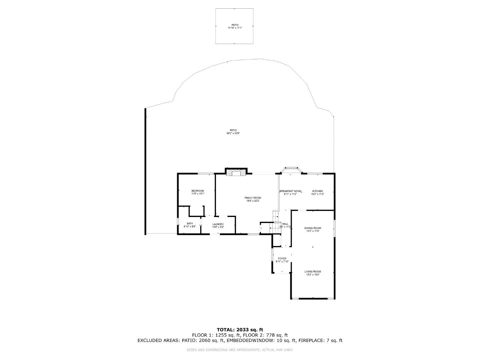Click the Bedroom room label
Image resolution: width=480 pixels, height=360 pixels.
[x=198, y=191]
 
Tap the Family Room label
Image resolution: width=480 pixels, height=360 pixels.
[x=253, y=198]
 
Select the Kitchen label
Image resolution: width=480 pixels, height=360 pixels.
[x=317, y=191]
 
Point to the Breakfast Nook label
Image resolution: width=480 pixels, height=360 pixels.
[x=290, y=191]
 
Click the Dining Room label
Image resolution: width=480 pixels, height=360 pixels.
[x=312, y=228]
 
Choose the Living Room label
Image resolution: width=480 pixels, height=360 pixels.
[x=312, y=272]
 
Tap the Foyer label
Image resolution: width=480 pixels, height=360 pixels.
[x=282, y=259]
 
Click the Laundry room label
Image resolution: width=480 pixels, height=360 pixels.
[x=218, y=224]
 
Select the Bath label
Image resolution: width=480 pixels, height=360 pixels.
[x=190, y=224]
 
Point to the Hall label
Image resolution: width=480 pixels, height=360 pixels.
[x=285, y=224]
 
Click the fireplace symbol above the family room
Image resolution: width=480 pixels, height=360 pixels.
[x=236, y=173]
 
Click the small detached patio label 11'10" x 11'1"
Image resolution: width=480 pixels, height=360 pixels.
[x=235, y=28]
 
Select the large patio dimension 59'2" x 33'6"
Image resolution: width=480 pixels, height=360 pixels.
[x=233, y=133]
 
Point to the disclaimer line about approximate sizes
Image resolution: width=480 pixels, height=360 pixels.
[x=240, y=350]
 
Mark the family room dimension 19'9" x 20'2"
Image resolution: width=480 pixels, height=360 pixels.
[x=253, y=201]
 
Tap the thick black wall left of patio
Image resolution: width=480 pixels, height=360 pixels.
[x=145, y=171]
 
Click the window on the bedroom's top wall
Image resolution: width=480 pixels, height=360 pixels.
[x=206, y=173]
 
